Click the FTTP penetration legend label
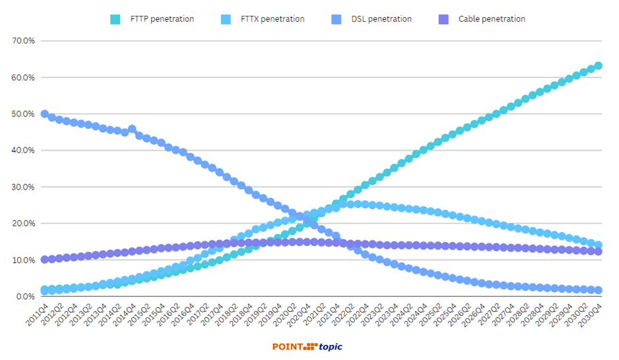[x=161, y=19]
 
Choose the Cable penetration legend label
[x=491, y=19]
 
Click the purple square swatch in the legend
[x=444, y=19]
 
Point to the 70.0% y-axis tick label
[x=23, y=41]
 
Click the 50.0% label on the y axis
[x=23, y=114]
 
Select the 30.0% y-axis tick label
[x=23, y=187]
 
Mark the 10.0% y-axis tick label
[x=23, y=260]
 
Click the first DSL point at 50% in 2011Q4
[x=45, y=114]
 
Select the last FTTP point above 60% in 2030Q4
[x=598, y=66]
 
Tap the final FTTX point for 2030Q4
[x=598, y=245]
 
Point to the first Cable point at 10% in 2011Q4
[x=45, y=259]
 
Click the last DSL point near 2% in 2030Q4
[x=598, y=290]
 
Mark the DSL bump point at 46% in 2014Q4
[x=132, y=129]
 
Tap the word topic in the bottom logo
[x=331, y=347]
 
